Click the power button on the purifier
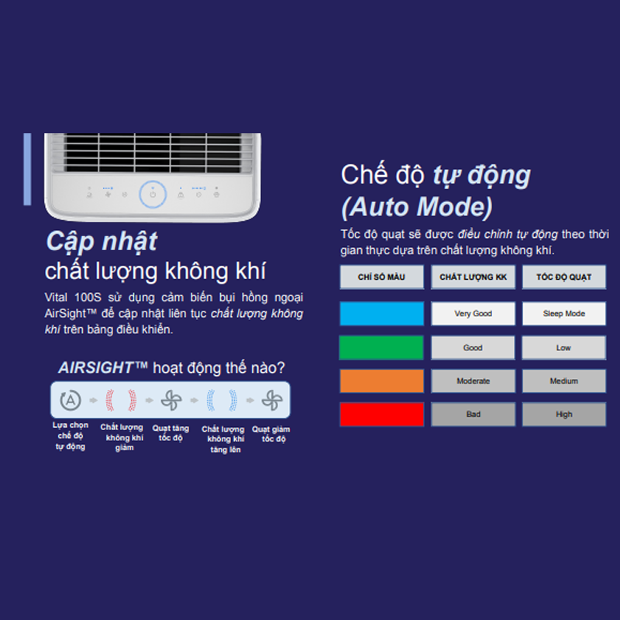pos(153,195)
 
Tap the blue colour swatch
pos(382,314)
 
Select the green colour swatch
pos(381,347)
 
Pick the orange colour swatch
pos(382,381)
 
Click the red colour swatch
pos(382,414)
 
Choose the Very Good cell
pos(474,314)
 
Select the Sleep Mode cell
pos(564,314)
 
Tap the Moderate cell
pos(474,381)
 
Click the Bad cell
pos(474,414)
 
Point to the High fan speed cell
pos(564,414)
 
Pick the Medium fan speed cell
pos(564,381)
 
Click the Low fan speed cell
pos(564,347)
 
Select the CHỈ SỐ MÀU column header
pos(382,277)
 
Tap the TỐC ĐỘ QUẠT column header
pos(564,277)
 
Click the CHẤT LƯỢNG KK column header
pos(474,277)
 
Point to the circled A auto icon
pos(71,400)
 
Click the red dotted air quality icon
pos(121,400)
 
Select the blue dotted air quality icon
pos(222,400)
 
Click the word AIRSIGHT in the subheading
pos(95,367)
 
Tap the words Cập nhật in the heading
pos(102,241)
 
